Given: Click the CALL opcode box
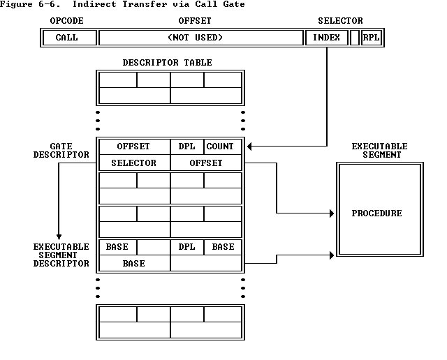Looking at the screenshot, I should [67, 38].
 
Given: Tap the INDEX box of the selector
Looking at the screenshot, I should [326, 38].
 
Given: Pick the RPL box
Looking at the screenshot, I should [372, 38].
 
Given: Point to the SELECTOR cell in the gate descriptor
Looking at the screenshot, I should [134, 163].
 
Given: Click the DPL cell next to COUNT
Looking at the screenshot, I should [187, 147].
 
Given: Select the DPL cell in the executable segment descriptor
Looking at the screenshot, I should [187, 247].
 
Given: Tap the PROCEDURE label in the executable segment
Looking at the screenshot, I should [376, 213].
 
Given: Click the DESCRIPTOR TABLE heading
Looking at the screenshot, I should [168, 63].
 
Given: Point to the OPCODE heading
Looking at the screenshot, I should [67, 21].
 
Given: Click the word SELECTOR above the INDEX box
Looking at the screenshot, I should [340, 21].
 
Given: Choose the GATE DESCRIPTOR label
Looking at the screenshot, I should [61, 151].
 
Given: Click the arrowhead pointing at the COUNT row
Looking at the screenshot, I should [250, 147].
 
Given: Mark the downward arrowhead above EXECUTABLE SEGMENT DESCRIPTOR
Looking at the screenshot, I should [59, 237].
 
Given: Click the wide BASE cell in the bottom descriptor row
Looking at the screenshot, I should [134, 264].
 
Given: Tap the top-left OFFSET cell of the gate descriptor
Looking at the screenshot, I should [134, 147].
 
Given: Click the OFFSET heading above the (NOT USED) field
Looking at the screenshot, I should [195, 21].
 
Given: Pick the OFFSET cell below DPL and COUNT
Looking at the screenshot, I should [206, 163].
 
